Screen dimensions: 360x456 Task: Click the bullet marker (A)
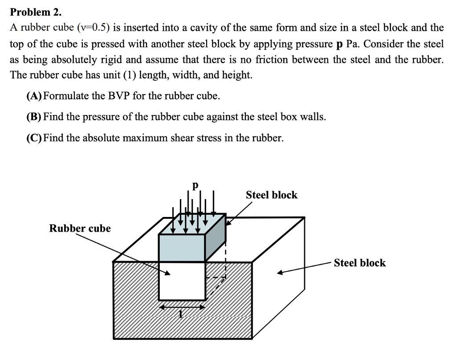point(34,96)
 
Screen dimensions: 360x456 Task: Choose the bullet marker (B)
point(34,117)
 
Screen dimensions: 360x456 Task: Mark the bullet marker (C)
point(34,138)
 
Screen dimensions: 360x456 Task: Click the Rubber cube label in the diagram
point(80,229)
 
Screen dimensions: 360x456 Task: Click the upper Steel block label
point(271,195)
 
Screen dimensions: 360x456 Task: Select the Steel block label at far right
point(359,263)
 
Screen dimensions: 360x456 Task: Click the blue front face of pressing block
point(182,247)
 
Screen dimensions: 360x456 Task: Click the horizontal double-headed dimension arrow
point(182,307)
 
